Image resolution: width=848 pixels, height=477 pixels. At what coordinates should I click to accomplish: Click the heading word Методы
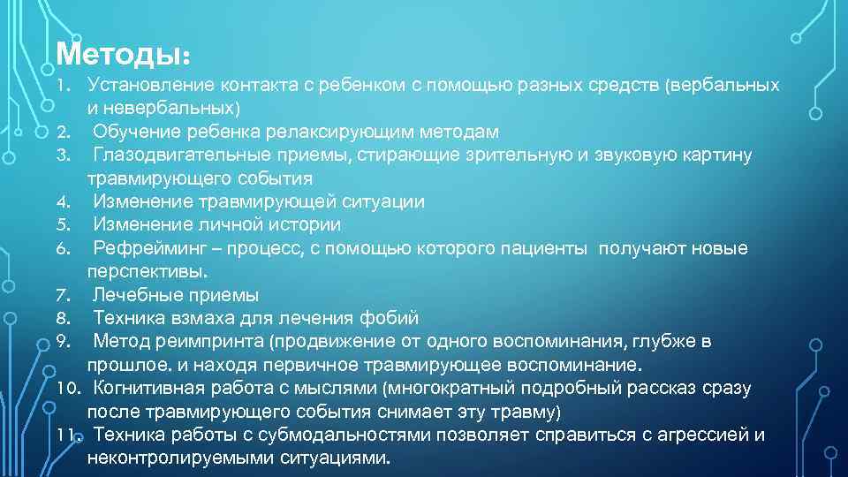[121, 54]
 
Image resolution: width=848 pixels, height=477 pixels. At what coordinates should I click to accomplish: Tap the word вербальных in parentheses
[725, 86]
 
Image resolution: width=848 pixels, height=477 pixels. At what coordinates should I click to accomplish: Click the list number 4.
[62, 202]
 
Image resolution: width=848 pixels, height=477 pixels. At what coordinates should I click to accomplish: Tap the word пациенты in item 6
[541, 248]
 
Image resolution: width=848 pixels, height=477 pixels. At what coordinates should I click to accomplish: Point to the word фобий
[390, 318]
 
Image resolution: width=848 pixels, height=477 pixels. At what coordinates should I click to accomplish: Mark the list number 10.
[68, 388]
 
